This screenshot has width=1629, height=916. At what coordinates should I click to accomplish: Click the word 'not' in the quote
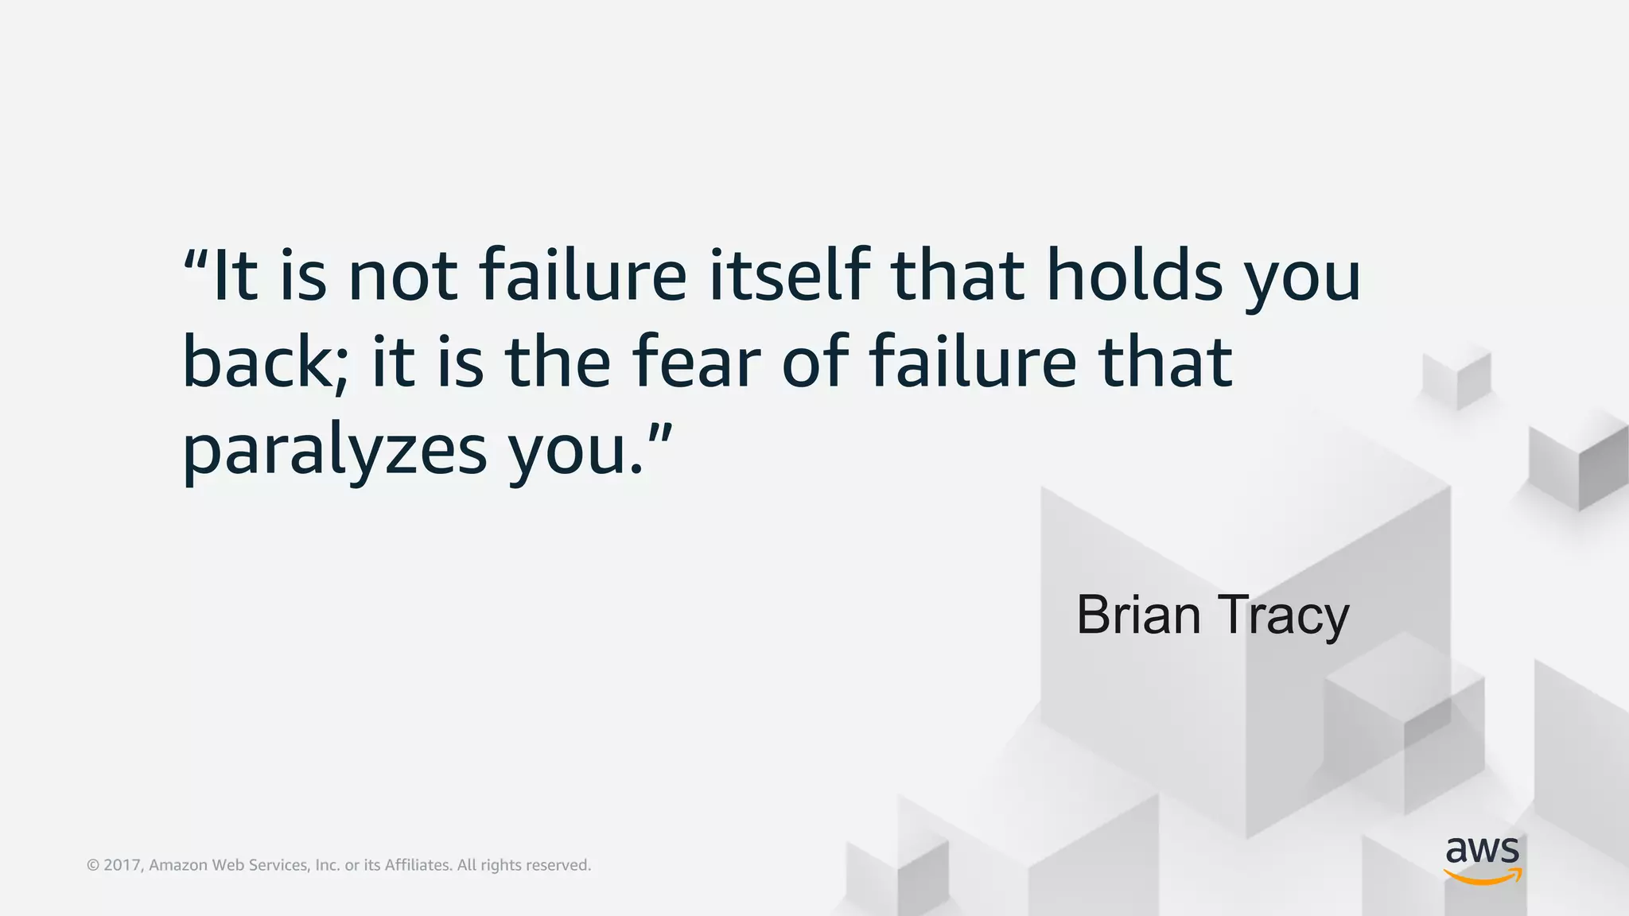(403, 276)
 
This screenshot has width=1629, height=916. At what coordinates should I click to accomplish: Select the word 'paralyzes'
(334, 451)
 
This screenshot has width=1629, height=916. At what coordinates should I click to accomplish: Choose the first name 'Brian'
(1138, 615)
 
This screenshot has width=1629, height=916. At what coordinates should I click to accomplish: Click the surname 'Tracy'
(1283, 616)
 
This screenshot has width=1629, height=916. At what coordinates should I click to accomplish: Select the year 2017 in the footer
(122, 865)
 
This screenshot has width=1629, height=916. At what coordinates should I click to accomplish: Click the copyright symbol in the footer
(92, 865)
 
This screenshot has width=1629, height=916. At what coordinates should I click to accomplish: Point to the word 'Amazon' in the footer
(178, 865)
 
